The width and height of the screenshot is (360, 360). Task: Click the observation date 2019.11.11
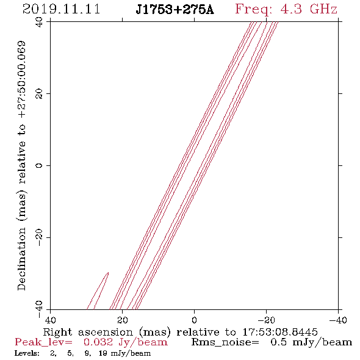pyautogui.click(x=61, y=9)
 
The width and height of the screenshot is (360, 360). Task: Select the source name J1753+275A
pyautogui.click(x=175, y=10)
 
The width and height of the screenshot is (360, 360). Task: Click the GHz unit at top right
pyautogui.click(x=323, y=9)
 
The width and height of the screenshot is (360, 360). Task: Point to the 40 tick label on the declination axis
pyautogui.click(x=39, y=22)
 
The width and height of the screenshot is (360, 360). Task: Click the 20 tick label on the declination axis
pyautogui.click(x=39, y=94)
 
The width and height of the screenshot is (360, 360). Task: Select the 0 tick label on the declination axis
pyautogui.click(x=39, y=165)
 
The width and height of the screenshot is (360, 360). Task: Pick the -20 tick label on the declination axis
pyautogui.click(x=39, y=237)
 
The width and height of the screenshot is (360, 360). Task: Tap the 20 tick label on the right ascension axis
pyautogui.click(x=123, y=320)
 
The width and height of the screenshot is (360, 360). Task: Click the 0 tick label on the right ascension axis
pyautogui.click(x=195, y=320)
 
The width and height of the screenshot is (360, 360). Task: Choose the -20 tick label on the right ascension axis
pyautogui.click(x=266, y=320)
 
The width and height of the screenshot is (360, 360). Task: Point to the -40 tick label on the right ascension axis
pyautogui.click(x=338, y=320)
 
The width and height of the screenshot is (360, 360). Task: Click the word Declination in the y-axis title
pyautogui.click(x=21, y=259)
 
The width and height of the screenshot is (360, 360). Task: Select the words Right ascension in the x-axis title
pyautogui.click(x=88, y=332)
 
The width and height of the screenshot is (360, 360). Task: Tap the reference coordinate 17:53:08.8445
pyautogui.click(x=280, y=332)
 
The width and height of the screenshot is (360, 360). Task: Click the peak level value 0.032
pyautogui.click(x=98, y=342)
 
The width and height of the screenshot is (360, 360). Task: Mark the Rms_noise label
pyautogui.click(x=225, y=342)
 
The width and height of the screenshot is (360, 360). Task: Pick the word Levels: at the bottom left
pyautogui.click(x=27, y=353)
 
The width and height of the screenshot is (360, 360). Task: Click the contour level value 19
pyautogui.click(x=103, y=353)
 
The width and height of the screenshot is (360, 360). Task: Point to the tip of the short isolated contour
pyautogui.click(x=108, y=273)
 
